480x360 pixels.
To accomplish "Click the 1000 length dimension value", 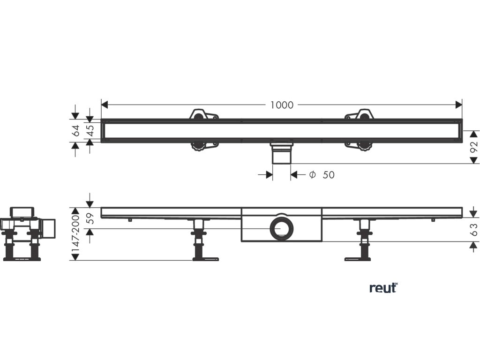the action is [x=282, y=105].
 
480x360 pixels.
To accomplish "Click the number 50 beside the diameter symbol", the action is [x=329, y=175].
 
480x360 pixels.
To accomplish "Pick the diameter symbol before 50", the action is [x=312, y=175].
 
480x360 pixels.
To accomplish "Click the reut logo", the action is [x=383, y=287].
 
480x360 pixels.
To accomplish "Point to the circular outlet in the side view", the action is [x=281, y=229].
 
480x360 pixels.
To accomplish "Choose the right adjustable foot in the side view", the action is [x=363, y=240].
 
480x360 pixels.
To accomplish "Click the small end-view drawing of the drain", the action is [x=28, y=232].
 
